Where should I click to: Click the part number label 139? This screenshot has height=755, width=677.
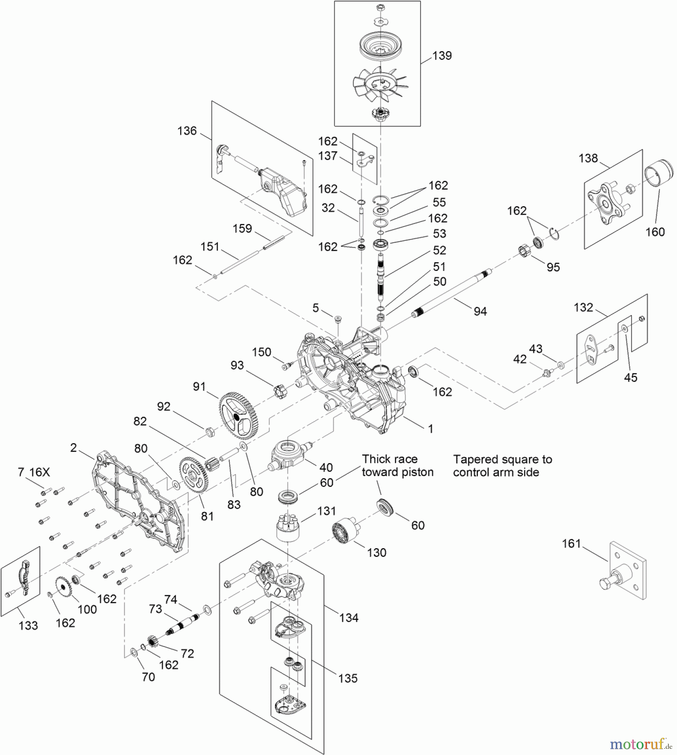click(442, 56)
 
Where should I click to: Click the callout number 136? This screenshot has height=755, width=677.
click(187, 131)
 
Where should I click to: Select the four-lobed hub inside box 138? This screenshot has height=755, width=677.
click(607, 204)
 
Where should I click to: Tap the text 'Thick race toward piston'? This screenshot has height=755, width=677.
click(397, 466)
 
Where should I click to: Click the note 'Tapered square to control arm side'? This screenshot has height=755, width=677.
click(502, 466)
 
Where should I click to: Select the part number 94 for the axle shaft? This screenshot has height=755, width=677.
click(480, 311)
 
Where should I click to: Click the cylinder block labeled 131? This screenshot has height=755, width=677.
click(289, 526)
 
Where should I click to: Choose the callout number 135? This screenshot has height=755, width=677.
click(348, 678)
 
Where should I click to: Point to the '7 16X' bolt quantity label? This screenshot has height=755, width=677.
click(34, 472)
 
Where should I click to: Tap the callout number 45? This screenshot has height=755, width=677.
click(630, 377)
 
